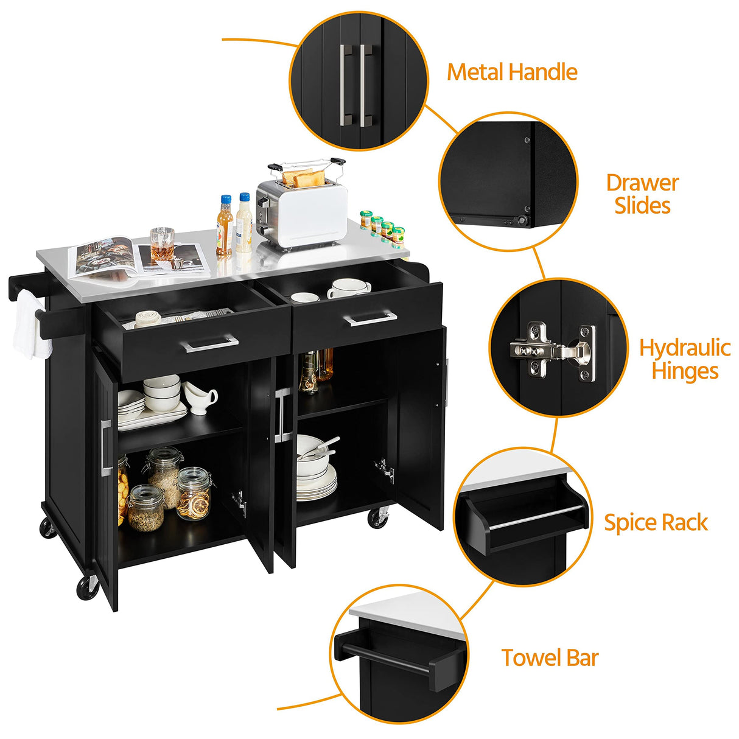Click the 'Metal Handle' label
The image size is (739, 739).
click(x=512, y=72)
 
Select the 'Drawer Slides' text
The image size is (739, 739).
click(x=642, y=194)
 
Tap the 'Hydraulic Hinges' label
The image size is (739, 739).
click(x=684, y=359)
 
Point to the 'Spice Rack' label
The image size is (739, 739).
click(x=656, y=523)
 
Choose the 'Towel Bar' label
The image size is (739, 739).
click(x=550, y=658)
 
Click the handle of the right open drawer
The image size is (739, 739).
click(x=369, y=318)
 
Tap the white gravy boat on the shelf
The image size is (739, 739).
click(x=201, y=398)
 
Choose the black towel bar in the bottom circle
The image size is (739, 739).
click(x=396, y=659)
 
